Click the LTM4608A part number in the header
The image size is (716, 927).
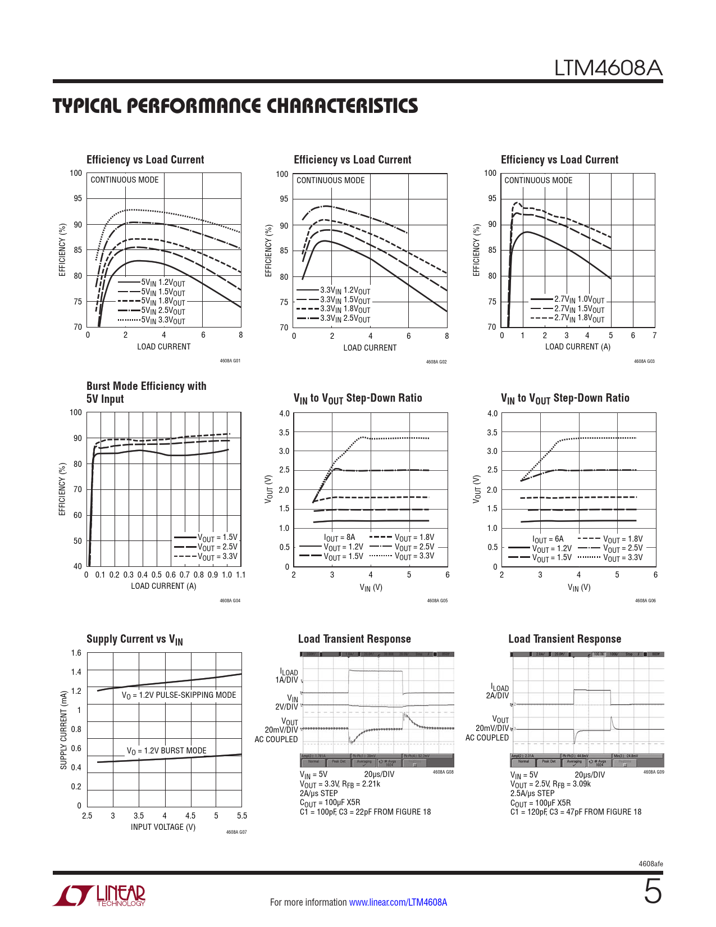click(608, 68)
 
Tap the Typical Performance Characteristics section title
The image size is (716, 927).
click(235, 106)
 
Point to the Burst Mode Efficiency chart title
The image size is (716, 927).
click(146, 392)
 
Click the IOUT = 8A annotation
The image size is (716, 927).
click(339, 537)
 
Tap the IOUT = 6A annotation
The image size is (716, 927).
click(548, 539)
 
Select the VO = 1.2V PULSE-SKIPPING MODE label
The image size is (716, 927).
click(179, 695)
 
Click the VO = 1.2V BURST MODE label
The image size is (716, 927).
click(166, 751)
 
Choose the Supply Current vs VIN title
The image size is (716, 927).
click(135, 639)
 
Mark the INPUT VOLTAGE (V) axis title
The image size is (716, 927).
click(163, 827)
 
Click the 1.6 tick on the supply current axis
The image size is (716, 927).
click(76, 653)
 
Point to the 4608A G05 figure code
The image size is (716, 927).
click(437, 601)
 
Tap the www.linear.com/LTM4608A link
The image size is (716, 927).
click(398, 902)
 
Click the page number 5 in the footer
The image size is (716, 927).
click(652, 892)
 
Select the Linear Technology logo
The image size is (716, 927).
click(99, 896)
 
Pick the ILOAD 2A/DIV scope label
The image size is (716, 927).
click(499, 691)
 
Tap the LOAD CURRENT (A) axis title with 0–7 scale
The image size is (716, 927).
click(577, 347)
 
